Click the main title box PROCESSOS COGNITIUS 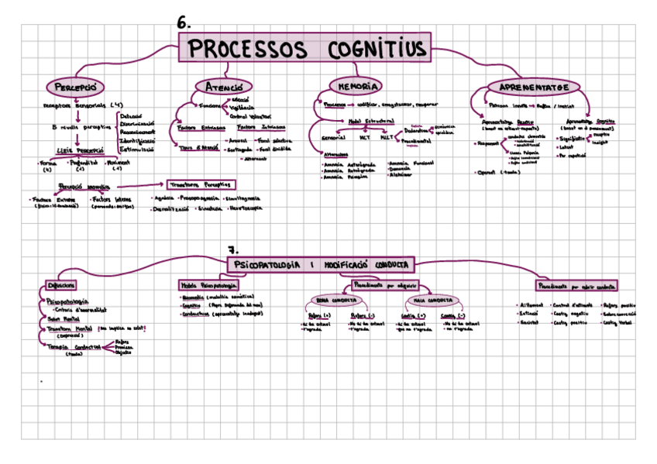coord(307,49)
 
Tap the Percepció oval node coord(75,85)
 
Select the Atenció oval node coord(224,86)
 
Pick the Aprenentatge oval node coord(534,86)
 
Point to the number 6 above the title coord(184,23)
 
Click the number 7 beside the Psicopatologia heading coord(232,249)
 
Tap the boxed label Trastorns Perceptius coord(203,184)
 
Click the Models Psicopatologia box coord(208,285)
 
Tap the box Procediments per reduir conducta coord(576,285)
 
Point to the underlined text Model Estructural coord(371,121)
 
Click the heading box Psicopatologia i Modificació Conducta coord(321,264)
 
